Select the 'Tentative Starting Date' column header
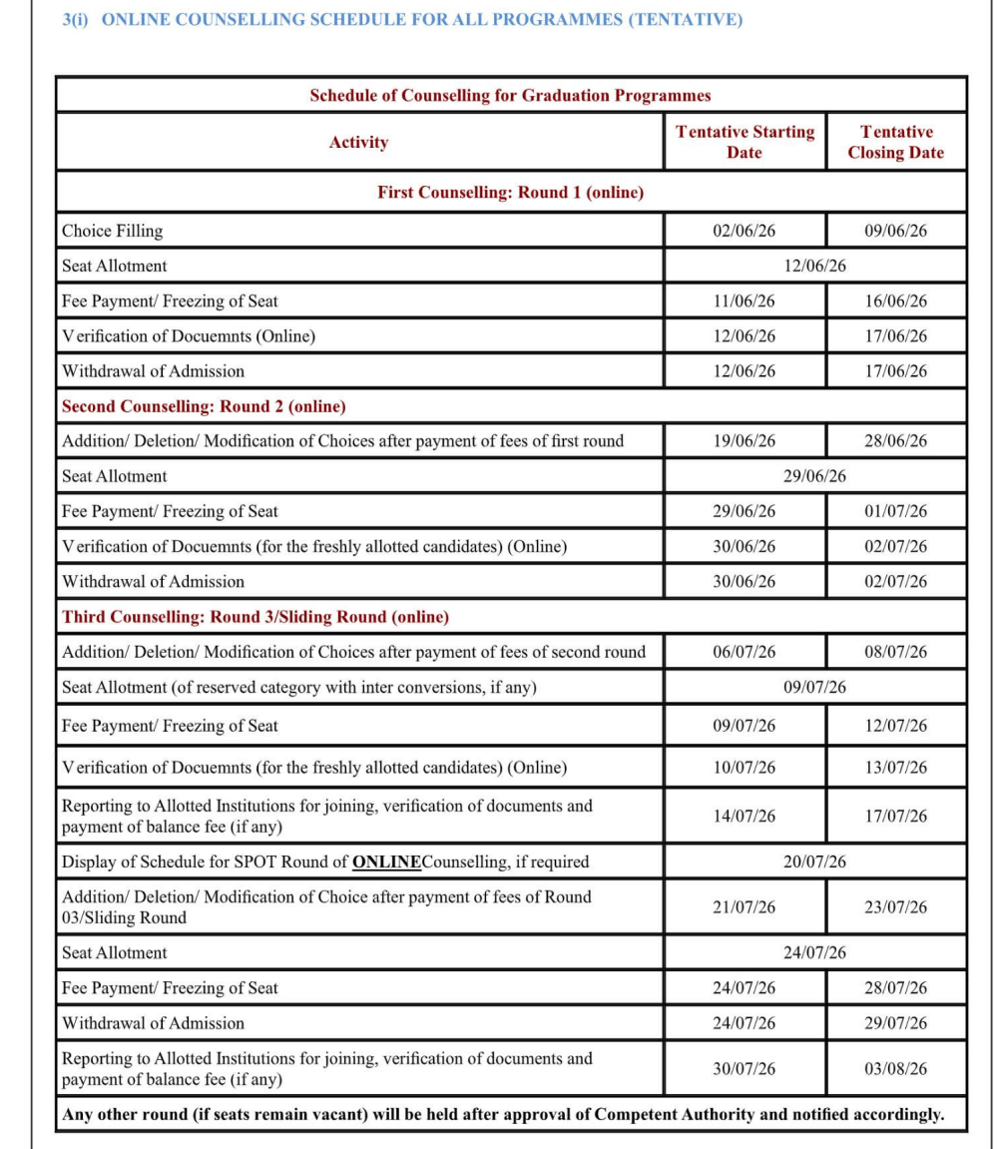(745, 142)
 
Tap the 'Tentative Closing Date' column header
(895, 142)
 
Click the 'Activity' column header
(358, 143)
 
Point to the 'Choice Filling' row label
(112, 231)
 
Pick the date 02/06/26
(745, 231)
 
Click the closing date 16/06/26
(895, 300)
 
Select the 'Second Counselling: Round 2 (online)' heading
(204, 406)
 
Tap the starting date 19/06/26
(745, 441)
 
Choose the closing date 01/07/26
(895, 511)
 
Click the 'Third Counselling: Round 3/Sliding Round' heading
(255, 617)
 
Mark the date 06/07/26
(745, 652)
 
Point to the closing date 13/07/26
(895, 768)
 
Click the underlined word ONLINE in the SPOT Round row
(387, 862)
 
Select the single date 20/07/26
(814, 862)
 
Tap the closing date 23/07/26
(895, 907)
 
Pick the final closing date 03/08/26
(895, 1068)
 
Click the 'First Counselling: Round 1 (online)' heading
(510, 193)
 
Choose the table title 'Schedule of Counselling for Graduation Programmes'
(510, 96)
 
